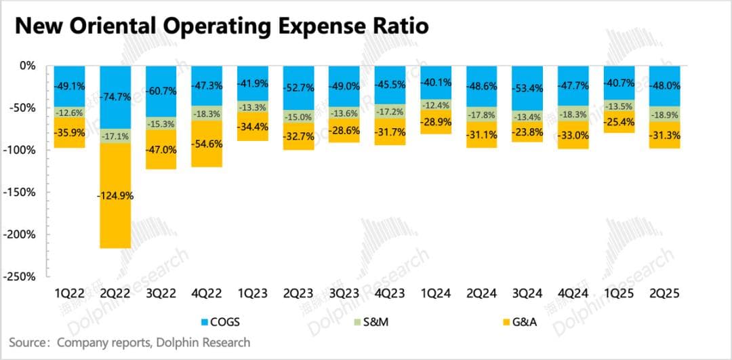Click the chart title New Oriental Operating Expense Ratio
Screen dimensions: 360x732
221,27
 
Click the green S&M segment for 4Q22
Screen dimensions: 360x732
207,113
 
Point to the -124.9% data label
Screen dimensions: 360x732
116,196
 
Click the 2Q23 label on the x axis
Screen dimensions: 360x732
299,294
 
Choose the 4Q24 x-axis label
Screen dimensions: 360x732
573,294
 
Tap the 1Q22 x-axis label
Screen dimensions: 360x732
70,294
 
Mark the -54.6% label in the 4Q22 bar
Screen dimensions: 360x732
207,144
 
